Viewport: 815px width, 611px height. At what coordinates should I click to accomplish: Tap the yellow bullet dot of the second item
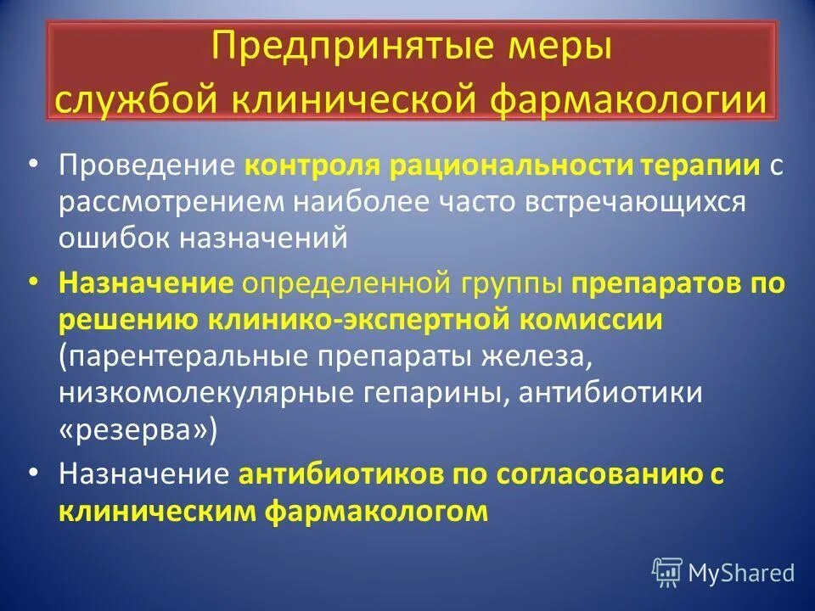click(x=32, y=282)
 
